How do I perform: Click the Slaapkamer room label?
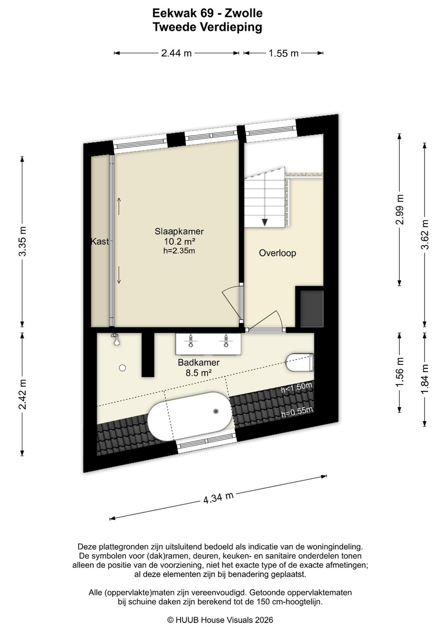(179, 231)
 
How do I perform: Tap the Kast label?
(100, 241)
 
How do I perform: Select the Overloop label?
(277, 253)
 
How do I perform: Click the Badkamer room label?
(199, 362)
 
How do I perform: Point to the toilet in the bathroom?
(299, 362)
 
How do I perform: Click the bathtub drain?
(216, 411)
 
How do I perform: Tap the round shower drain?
(122, 368)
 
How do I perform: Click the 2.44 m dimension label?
(176, 53)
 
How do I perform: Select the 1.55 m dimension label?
(283, 53)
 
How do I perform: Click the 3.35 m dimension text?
(22, 241)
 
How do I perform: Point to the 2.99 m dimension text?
(399, 210)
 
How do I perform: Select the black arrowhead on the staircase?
(264, 222)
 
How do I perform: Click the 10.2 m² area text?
(180, 241)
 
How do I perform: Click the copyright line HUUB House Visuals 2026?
(220, 620)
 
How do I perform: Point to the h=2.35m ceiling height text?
(179, 251)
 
